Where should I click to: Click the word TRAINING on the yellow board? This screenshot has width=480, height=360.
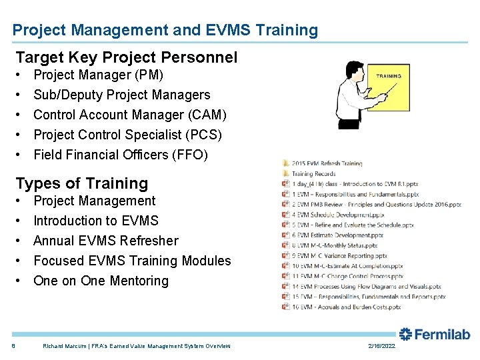[x=389, y=76]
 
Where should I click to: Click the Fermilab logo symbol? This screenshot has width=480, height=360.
[x=406, y=334]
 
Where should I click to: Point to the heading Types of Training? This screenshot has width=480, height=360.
[x=81, y=183]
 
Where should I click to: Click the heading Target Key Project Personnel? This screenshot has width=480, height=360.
[x=126, y=57]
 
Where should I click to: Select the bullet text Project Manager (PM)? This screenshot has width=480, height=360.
[x=98, y=75]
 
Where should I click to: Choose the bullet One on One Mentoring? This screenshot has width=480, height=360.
[x=101, y=281]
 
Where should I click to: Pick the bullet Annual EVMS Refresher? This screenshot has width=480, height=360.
[x=105, y=241]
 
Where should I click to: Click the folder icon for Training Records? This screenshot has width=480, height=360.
[x=285, y=173]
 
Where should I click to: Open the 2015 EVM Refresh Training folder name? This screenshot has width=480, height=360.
[x=327, y=163]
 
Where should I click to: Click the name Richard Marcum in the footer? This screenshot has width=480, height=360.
[x=63, y=346]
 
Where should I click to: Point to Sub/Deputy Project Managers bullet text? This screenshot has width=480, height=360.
[x=121, y=95]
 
